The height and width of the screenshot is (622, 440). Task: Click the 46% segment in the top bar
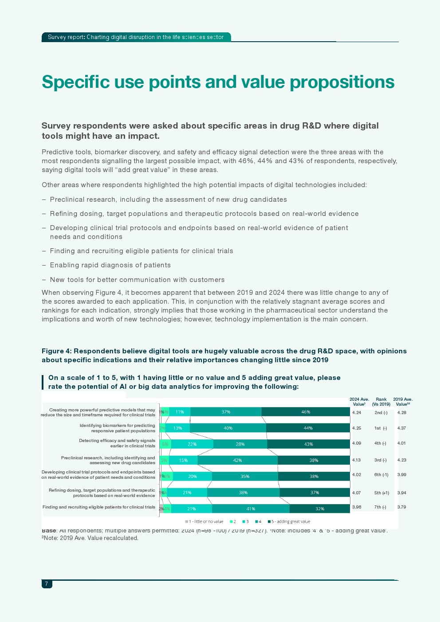tap(306, 412)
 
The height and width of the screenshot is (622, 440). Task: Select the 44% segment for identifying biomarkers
tap(308, 428)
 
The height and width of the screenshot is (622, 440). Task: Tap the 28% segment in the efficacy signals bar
tap(240, 444)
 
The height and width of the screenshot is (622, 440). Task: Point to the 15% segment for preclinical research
tap(183, 460)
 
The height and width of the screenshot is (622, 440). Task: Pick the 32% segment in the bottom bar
tap(319, 509)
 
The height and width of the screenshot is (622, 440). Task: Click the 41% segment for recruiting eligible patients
tap(251, 509)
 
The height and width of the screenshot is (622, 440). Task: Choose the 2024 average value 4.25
tap(357, 428)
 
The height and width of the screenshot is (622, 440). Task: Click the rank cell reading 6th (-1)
tap(381, 475)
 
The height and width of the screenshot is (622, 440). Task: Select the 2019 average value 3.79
tap(401, 507)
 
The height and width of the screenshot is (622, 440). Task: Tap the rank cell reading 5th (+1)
tap(381, 493)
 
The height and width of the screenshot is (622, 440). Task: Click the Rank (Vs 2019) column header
tap(381, 402)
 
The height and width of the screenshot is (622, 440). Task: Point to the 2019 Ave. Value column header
tap(403, 402)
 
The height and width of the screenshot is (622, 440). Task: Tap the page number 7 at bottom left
tap(47, 584)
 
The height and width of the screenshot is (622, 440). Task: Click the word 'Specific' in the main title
tap(75, 82)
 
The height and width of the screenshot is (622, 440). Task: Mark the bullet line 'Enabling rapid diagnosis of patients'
tap(110, 265)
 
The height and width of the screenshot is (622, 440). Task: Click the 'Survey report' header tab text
tap(65, 37)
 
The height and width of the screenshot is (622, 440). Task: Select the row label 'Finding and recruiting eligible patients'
tap(98, 507)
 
